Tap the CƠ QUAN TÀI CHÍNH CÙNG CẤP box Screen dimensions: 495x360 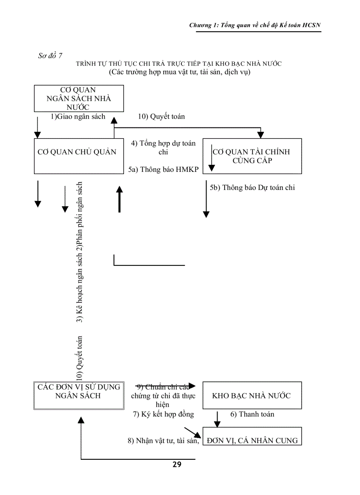click(x=252, y=156)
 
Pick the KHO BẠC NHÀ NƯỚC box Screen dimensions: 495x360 click(x=252, y=395)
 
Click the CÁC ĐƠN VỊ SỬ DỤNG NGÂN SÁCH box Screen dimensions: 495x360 click(x=79, y=395)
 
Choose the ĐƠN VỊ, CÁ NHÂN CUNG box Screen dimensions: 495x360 click(x=252, y=436)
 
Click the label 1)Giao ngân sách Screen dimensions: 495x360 click(x=78, y=117)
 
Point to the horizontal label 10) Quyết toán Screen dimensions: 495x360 click(x=161, y=117)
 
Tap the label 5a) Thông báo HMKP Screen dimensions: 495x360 click(x=164, y=170)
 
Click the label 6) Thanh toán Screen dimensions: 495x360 click(x=252, y=414)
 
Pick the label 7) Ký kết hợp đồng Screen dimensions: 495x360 click(x=164, y=414)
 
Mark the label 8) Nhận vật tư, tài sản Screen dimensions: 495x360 click(x=164, y=440)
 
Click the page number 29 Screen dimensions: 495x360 click(x=177, y=464)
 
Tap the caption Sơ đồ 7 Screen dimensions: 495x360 click(x=50, y=56)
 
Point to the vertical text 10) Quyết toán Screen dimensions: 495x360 click(x=80, y=358)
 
